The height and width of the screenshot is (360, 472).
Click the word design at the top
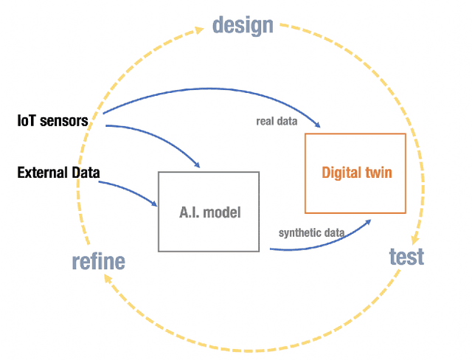(x=243, y=25)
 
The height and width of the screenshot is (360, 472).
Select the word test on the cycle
(x=406, y=256)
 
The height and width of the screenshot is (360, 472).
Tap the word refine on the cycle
(x=98, y=261)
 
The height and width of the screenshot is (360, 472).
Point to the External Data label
(x=58, y=173)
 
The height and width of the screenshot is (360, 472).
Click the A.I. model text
(x=209, y=212)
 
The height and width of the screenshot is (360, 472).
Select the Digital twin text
(x=356, y=173)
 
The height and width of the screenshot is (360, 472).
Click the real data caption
(x=277, y=122)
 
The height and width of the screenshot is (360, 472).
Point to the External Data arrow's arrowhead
(x=155, y=204)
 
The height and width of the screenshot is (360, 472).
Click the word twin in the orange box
(x=378, y=173)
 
